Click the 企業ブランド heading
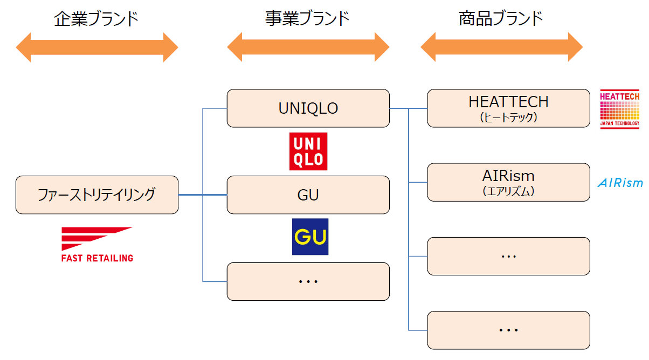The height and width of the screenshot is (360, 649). tap(96, 19)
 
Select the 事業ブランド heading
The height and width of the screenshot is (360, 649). tap(308, 19)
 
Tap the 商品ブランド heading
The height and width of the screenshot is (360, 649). tap(501, 19)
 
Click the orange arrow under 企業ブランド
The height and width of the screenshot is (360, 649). tap(97, 47)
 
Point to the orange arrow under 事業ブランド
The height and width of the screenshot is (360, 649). tap(308, 47)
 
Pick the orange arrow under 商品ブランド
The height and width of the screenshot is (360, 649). tap(501, 47)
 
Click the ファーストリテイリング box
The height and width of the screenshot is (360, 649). tap(97, 195)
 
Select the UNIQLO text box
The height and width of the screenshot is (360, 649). tap(308, 108)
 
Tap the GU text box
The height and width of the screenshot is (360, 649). tap(308, 195)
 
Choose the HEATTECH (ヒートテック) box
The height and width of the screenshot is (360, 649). tap(508, 108)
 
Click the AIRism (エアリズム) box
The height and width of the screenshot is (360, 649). tap(508, 182)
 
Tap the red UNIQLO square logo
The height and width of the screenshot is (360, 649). tap(308, 151)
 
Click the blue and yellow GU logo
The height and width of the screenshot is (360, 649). tap(310, 237)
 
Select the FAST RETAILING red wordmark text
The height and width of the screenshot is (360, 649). tap(97, 258)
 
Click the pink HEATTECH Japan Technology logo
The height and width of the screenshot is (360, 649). tap(619, 110)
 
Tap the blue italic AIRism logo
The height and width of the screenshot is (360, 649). tap(620, 183)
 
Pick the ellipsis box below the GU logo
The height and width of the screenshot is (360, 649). tap(308, 281)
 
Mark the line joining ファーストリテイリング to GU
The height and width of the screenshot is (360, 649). tap(203, 195)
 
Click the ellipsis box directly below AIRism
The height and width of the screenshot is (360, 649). tap(508, 256)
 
